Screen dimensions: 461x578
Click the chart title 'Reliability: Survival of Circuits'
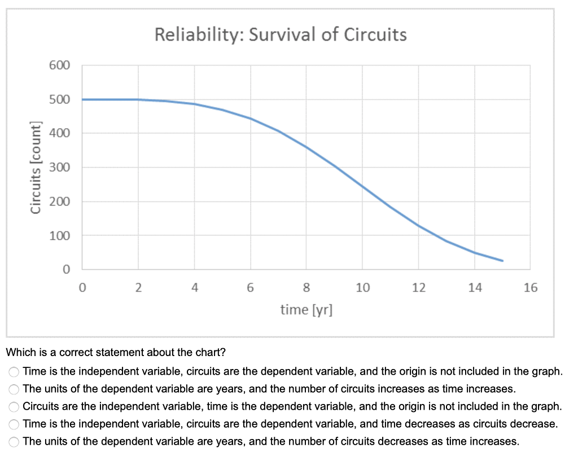pyautogui.click(x=281, y=35)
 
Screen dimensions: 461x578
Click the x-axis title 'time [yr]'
pyautogui.click(x=306, y=310)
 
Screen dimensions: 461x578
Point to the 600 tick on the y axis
pyautogui.click(x=59, y=65)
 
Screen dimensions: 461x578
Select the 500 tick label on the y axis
pyautogui.click(x=59, y=100)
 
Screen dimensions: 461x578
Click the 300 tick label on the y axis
pyautogui.click(x=59, y=168)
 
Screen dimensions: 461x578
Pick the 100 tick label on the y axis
pyautogui.click(x=59, y=235)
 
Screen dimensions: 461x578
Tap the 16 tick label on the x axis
pyautogui.click(x=531, y=288)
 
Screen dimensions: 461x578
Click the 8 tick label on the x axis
pyautogui.click(x=306, y=288)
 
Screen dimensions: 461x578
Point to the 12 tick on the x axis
pyautogui.click(x=418, y=288)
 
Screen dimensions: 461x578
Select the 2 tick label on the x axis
pyautogui.click(x=138, y=288)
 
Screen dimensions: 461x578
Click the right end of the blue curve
pyautogui.click(x=502, y=261)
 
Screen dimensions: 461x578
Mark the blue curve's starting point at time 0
pyautogui.click(x=83, y=99)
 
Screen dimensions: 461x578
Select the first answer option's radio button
pyautogui.click(x=14, y=371)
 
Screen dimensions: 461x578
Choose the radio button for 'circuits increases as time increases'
pyautogui.click(x=14, y=389)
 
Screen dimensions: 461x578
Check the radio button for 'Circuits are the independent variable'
pyautogui.click(x=14, y=406)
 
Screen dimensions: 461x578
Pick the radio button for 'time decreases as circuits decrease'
pyautogui.click(x=14, y=424)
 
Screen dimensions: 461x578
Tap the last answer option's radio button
pyautogui.click(x=14, y=441)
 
